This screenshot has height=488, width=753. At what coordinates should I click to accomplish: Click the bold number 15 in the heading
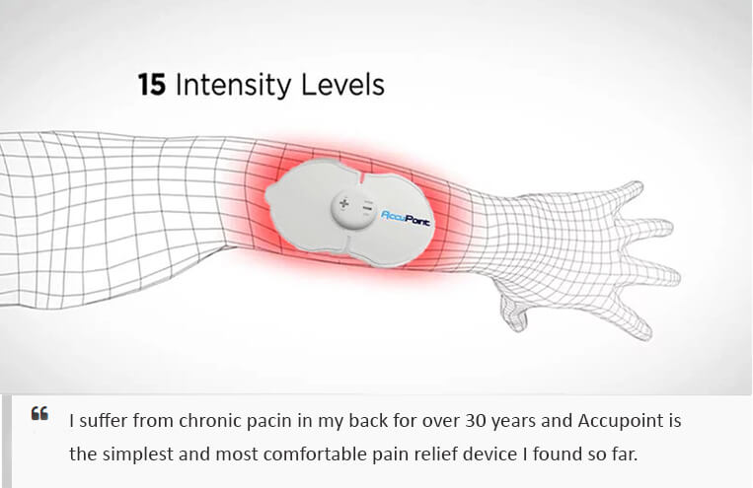click(x=152, y=85)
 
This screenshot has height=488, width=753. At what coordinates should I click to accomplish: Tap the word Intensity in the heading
click(x=233, y=86)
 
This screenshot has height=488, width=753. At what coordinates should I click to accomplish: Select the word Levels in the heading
click(x=342, y=85)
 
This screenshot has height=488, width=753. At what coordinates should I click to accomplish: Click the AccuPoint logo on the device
click(x=406, y=218)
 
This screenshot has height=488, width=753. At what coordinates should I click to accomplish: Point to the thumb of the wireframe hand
click(x=513, y=312)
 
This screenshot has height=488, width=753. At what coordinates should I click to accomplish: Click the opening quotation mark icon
click(x=39, y=413)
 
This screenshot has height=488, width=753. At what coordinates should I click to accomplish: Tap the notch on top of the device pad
click(x=360, y=178)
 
